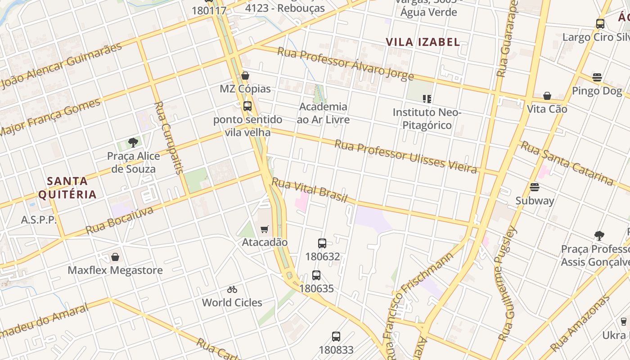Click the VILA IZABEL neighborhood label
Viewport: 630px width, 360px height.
(x=423, y=42)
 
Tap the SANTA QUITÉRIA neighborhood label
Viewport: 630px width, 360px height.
(x=67, y=188)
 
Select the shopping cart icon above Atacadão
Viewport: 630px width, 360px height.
(x=265, y=229)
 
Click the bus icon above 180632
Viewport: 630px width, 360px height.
(x=322, y=243)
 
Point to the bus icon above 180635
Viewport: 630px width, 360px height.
(x=316, y=275)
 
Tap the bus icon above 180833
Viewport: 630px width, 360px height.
(x=336, y=337)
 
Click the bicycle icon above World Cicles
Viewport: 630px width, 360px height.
(x=232, y=289)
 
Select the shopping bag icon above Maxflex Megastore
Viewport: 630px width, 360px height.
(x=115, y=257)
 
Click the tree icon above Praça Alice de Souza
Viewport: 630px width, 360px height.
(x=133, y=143)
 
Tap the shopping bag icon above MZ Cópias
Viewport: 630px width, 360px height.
(x=245, y=76)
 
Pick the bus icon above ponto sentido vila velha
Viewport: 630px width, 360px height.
(x=247, y=106)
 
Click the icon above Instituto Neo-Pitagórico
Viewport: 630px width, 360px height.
(x=427, y=99)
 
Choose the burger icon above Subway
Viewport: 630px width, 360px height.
(x=535, y=187)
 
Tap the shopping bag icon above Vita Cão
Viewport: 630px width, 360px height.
(x=547, y=96)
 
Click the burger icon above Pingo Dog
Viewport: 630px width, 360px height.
(x=597, y=77)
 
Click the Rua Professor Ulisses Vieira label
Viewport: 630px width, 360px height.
(x=405, y=156)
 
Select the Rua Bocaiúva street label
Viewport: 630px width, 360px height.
(x=119, y=220)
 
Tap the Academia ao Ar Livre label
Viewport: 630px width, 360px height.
(x=323, y=113)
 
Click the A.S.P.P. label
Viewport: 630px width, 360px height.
(x=39, y=220)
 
